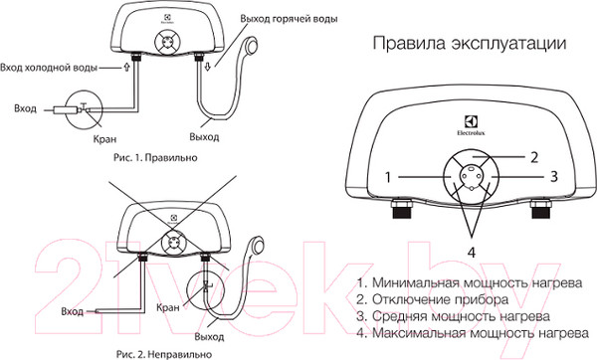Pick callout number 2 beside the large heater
[x=533, y=156]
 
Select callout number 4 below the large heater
[x=472, y=252]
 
